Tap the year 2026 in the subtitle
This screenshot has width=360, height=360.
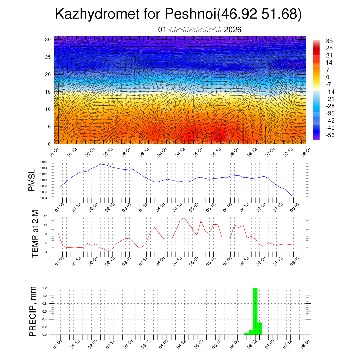[x=232, y=30]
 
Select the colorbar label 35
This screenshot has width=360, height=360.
[x=329, y=41]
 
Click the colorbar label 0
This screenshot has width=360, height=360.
[x=328, y=77]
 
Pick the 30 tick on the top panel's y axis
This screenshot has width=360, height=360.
[x=48, y=39]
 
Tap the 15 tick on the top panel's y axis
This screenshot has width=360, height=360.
[x=48, y=92]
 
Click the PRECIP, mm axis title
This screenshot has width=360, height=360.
[x=33, y=311]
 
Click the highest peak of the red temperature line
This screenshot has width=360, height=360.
[x=184, y=218]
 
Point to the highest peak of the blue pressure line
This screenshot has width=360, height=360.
[x=101, y=164]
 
